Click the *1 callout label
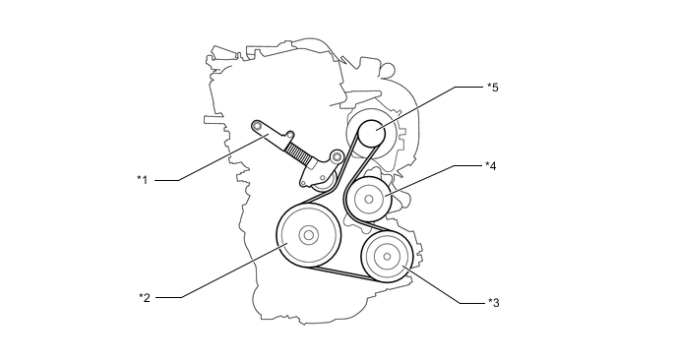143,180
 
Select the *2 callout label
145,297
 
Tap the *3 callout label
494,303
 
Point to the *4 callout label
490,166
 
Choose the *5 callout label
493,88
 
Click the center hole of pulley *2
308,235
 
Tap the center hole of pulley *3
387,257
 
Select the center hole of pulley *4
369,199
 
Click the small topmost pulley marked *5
372,133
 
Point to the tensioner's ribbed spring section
299,153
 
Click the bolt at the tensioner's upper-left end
258,126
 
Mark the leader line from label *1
212,157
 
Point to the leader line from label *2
221,270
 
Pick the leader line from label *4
433,180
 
